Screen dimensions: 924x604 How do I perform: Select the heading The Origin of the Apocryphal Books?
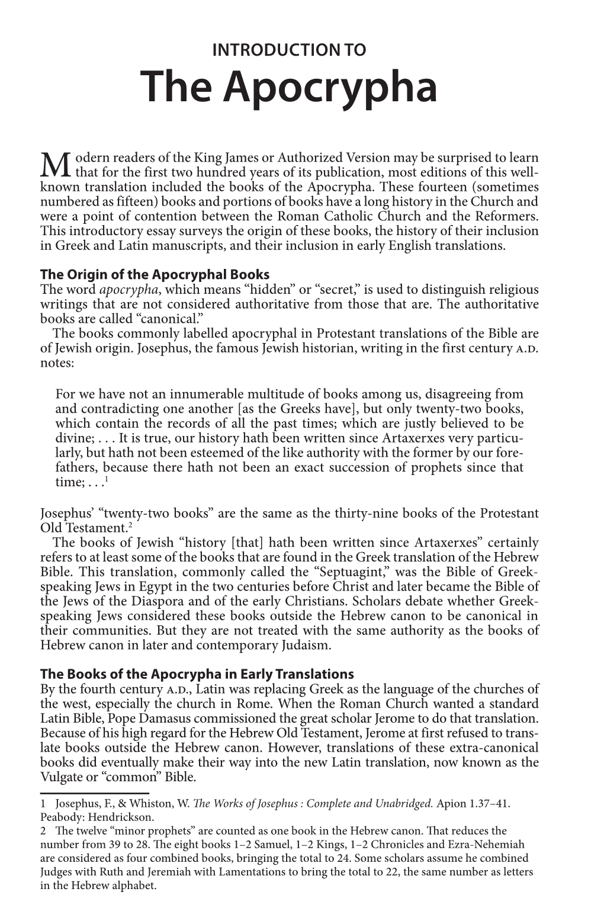point(155,275)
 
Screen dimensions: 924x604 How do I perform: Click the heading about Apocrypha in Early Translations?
point(197,674)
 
